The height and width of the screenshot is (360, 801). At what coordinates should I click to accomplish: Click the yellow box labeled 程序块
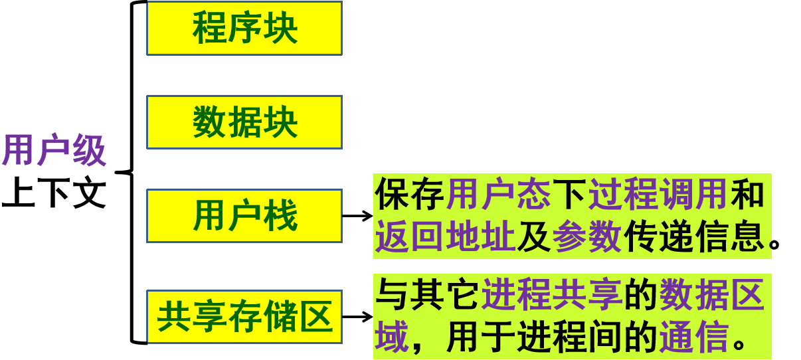coord(244,29)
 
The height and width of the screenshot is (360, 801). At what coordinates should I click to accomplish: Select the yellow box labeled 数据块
coord(244,122)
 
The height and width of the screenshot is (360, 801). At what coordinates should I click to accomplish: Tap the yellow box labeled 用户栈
coord(244,217)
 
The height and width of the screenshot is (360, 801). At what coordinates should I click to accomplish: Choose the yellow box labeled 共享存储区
coord(244,317)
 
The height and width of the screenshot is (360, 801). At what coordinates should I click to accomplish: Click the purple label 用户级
coord(54,150)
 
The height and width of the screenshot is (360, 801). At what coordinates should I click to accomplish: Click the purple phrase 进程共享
coord(552,296)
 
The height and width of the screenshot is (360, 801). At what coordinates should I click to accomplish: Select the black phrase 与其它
coord(427,296)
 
